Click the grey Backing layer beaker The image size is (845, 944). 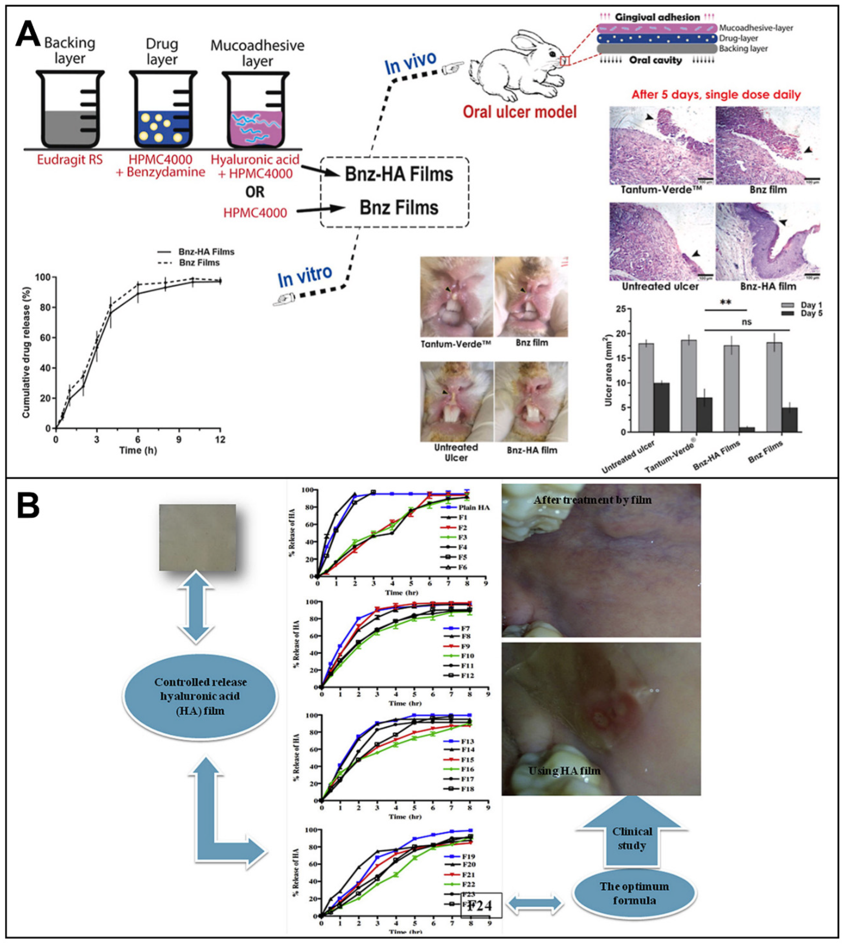coord(70,111)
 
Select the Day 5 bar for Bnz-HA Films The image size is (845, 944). coord(747,429)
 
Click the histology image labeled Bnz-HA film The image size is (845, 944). coord(767,241)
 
